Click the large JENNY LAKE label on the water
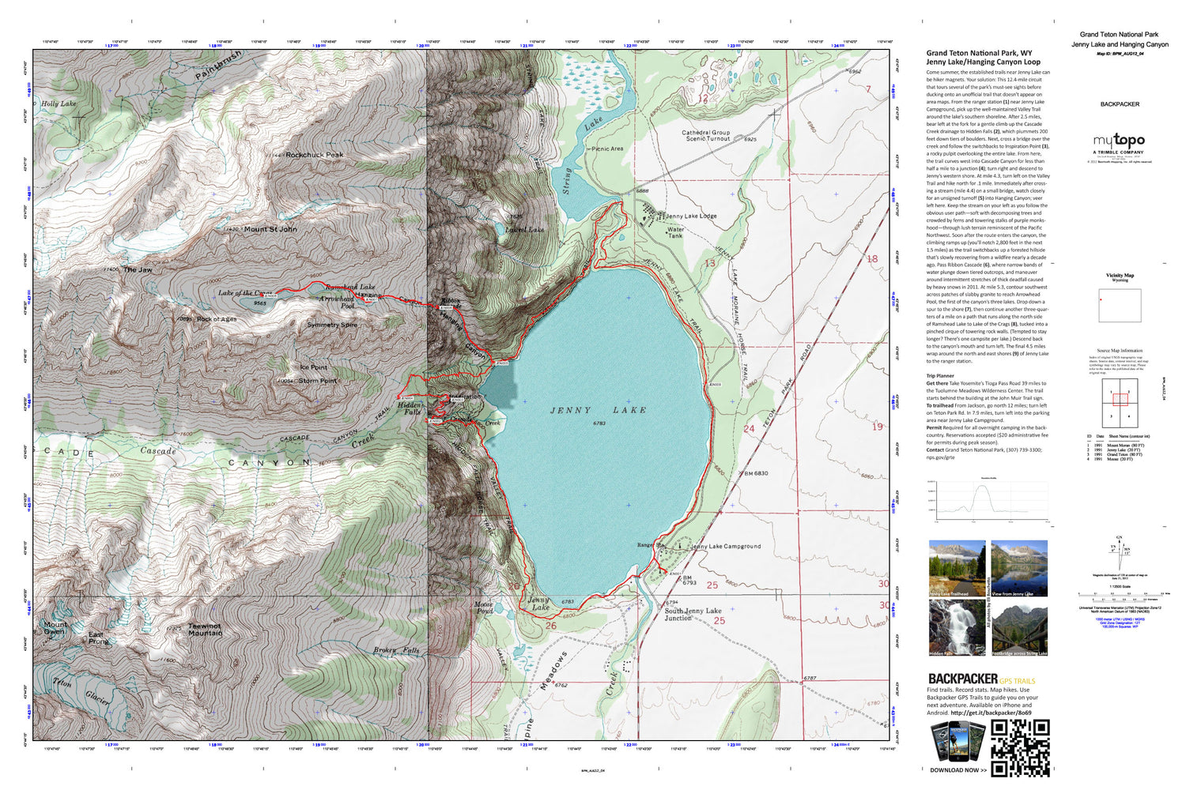pos(598,411)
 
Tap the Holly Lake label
pos(59,103)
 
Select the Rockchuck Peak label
pos(314,155)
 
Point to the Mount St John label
pos(270,230)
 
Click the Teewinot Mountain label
pos(204,630)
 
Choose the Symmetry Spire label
pos(332,325)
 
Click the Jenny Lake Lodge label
pos(691,216)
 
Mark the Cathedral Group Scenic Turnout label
pos(706,136)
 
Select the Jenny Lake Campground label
pos(726,546)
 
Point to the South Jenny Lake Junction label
pos(693,615)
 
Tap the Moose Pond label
pos(483,608)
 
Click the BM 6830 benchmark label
pos(755,473)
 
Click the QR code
pos(1020,747)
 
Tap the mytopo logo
pos(1119,141)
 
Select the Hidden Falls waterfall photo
pos(957,628)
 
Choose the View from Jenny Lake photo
pos(1019,568)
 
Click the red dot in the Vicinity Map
pos(1101,300)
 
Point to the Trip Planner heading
pos(940,376)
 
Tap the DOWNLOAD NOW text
pos(957,769)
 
